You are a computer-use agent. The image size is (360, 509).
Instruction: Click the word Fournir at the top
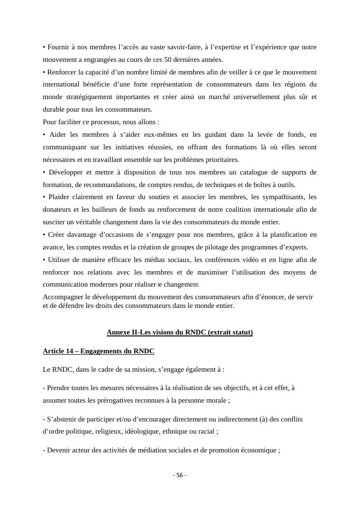click(58, 47)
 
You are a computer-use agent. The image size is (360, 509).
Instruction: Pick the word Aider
click(57, 134)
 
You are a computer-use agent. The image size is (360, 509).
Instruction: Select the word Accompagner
click(62, 297)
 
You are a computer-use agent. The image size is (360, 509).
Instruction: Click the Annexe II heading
click(180, 332)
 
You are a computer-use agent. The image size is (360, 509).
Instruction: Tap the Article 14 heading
click(99, 351)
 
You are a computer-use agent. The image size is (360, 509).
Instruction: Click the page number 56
click(180, 475)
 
